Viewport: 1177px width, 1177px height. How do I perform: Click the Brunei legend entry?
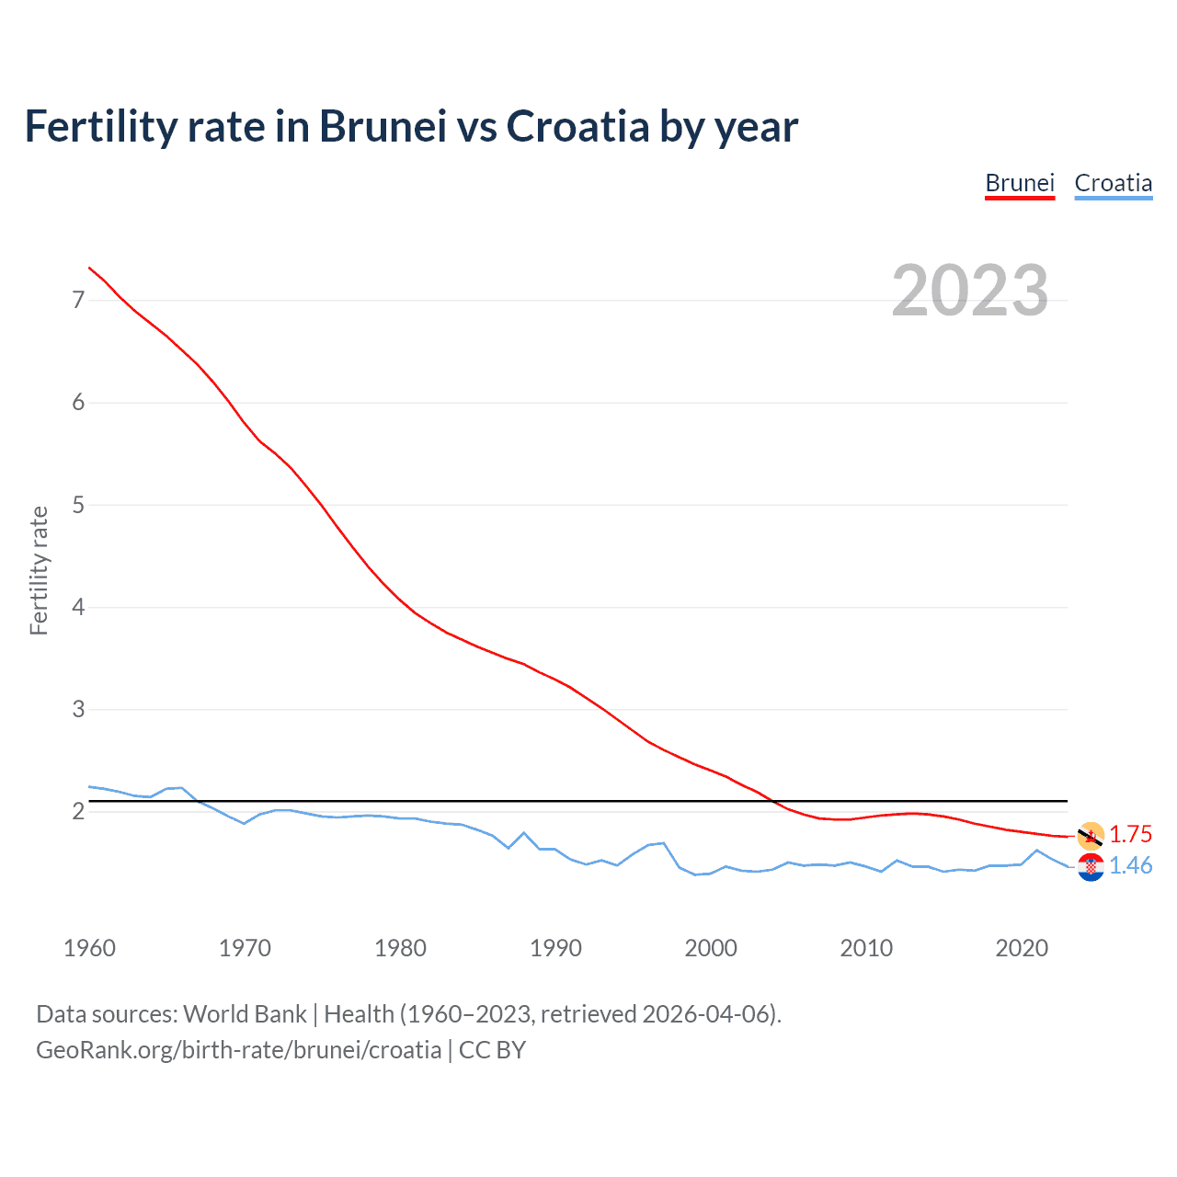click(1019, 183)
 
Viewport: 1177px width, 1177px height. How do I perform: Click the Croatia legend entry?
click(1113, 183)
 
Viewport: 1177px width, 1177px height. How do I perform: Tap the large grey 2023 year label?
click(969, 291)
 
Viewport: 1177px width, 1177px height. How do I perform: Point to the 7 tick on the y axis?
click(78, 300)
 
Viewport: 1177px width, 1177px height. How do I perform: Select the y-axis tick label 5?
click(78, 505)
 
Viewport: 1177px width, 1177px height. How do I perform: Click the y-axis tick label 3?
click(78, 709)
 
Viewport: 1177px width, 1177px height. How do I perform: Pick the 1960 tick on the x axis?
click(89, 948)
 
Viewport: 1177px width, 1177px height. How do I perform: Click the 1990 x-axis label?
click(555, 948)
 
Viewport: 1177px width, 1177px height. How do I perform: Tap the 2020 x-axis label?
click(1022, 948)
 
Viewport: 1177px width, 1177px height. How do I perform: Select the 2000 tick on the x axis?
click(711, 948)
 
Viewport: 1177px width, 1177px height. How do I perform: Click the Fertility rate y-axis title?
click(39, 570)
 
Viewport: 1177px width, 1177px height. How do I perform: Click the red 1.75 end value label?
click(1130, 834)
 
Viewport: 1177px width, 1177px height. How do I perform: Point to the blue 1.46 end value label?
click(1130, 865)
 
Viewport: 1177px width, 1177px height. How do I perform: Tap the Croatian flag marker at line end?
click(1091, 867)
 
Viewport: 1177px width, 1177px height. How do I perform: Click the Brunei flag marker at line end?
click(1091, 835)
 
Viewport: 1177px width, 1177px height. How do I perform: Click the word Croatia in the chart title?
click(577, 126)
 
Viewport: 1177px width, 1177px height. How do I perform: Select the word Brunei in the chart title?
click(383, 126)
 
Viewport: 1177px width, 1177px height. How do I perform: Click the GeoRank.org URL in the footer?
click(238, 1050)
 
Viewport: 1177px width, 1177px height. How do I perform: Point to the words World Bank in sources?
click(245, 1014)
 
